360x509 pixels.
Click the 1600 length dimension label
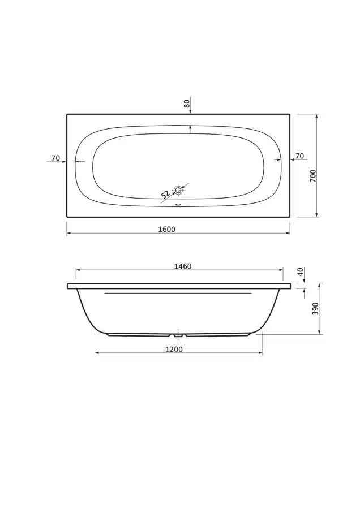click(166, 229)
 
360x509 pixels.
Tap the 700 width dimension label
click(313, 176)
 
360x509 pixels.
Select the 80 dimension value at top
click(186, 103)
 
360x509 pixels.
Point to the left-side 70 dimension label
click(56, 158)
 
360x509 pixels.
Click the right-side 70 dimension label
click(299, 156)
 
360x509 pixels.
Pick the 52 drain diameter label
click(166, 194)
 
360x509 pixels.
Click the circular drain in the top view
click(178, 190)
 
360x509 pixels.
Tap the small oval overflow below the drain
click(178, 205)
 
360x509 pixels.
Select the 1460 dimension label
click(183, 266)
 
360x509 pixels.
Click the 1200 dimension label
click(174, 350)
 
